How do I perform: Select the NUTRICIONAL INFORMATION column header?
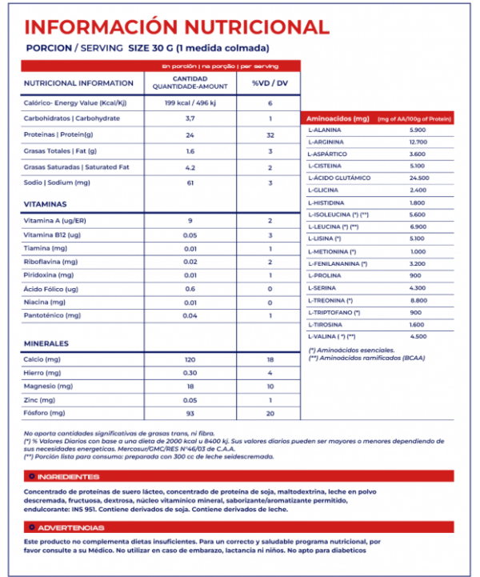point(78,83)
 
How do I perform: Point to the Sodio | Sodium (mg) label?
point(57,183)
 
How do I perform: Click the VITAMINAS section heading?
point(49,205)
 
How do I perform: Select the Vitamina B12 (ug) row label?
point(53,235)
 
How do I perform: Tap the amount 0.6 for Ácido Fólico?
point(190,288)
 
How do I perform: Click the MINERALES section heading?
point(49,343)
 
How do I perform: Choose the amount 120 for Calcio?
point(190,360)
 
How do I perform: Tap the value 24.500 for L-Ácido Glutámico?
point(419,178)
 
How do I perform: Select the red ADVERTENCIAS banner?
point(68,527)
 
